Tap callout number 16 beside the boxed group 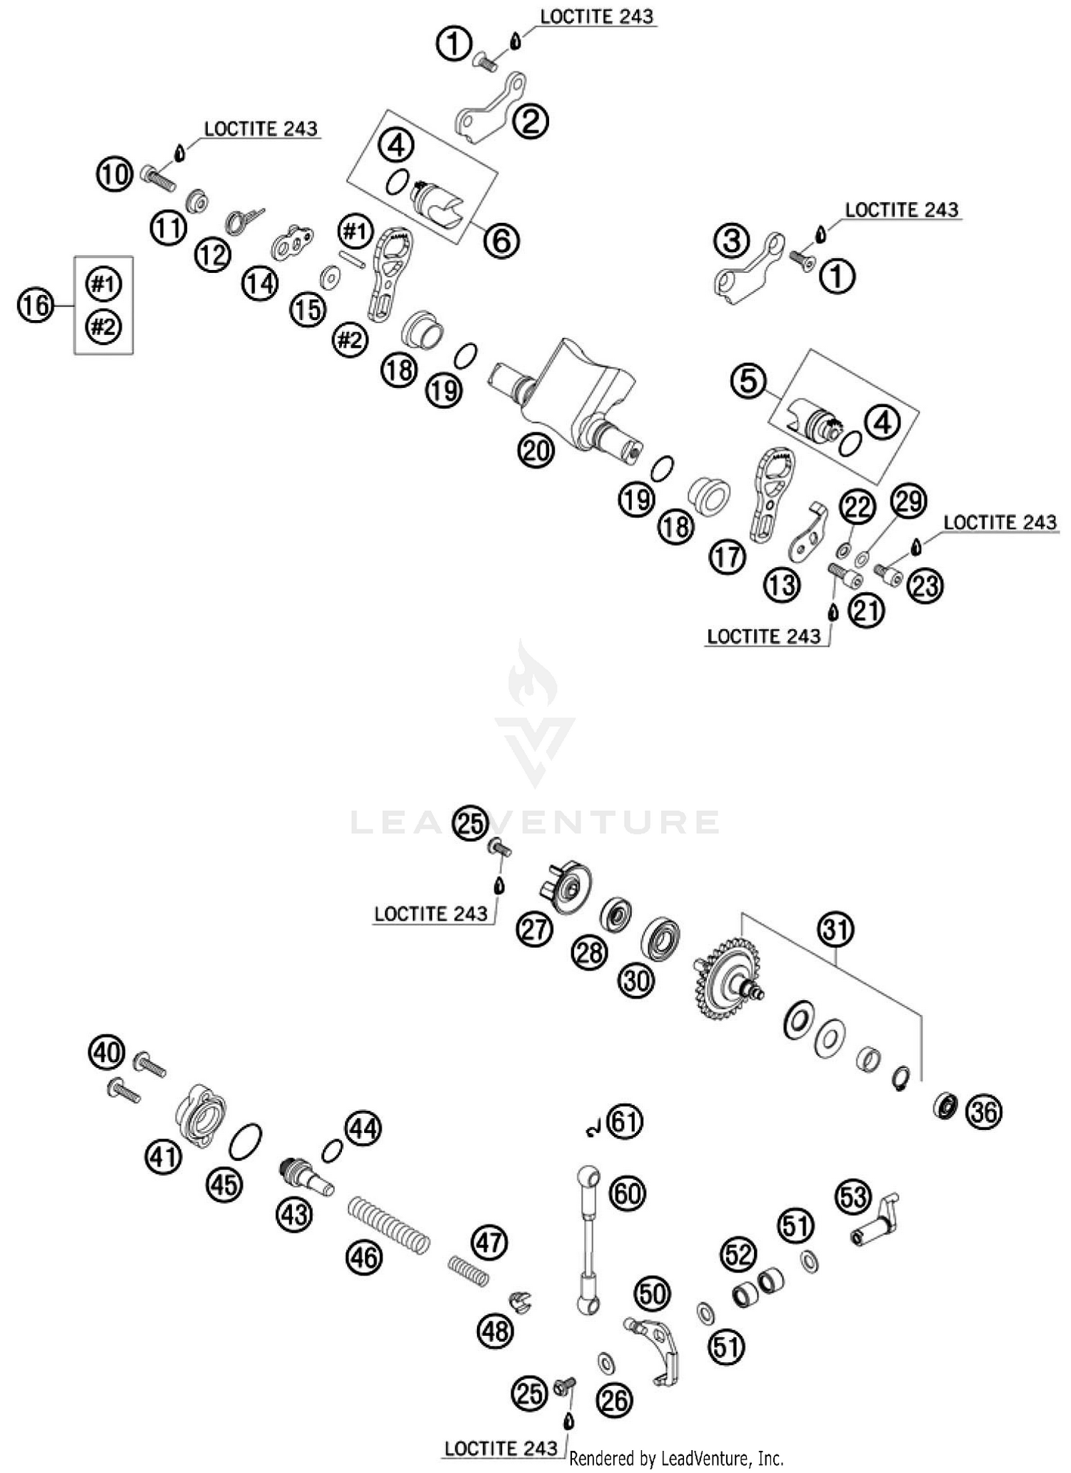36,306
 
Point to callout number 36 984,1112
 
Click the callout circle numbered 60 628,1192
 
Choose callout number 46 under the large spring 364,1257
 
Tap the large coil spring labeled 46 389,1226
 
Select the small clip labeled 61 590,1129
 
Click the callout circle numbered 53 854,1197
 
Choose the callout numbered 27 535,929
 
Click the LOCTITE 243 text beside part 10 261,129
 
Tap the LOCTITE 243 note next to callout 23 1000,523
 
